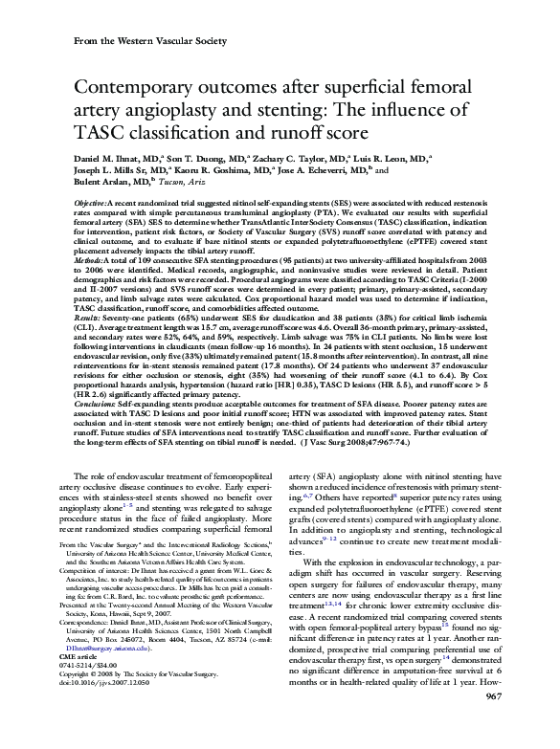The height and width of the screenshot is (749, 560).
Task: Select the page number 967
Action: coord(496,725)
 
